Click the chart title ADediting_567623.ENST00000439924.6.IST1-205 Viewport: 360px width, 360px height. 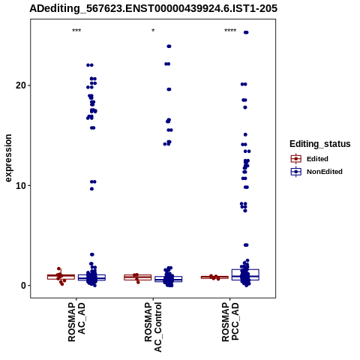coord(153,9)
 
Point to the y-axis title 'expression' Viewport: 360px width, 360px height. coord(8,158)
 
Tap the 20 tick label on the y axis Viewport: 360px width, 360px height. coord(21,85)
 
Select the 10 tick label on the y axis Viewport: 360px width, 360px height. coord(21,185)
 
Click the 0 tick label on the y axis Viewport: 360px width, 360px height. coord(23,286)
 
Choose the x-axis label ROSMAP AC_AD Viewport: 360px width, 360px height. coord(76,322)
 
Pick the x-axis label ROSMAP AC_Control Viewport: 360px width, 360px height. coord(153,327)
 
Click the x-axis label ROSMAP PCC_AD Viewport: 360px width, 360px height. coord(230,322)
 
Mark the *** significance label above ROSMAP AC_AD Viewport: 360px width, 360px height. coord(76,31)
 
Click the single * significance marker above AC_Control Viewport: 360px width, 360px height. coord(153,31)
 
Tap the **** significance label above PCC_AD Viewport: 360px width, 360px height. coord(230,31)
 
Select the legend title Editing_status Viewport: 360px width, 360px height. coord(320,144)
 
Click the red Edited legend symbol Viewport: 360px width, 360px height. coord(296,159)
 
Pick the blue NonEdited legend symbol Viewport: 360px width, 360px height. coord(296,172)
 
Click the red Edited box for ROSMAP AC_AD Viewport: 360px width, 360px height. coord(61,277)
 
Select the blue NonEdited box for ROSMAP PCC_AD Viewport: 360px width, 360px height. coord(245,274)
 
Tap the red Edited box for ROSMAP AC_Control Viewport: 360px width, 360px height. coord(138,277)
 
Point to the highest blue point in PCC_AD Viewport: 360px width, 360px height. coord(246,32)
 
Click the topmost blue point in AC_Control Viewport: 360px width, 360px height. coord(169,46)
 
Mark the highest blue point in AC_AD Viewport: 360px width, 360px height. coord(90,65)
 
